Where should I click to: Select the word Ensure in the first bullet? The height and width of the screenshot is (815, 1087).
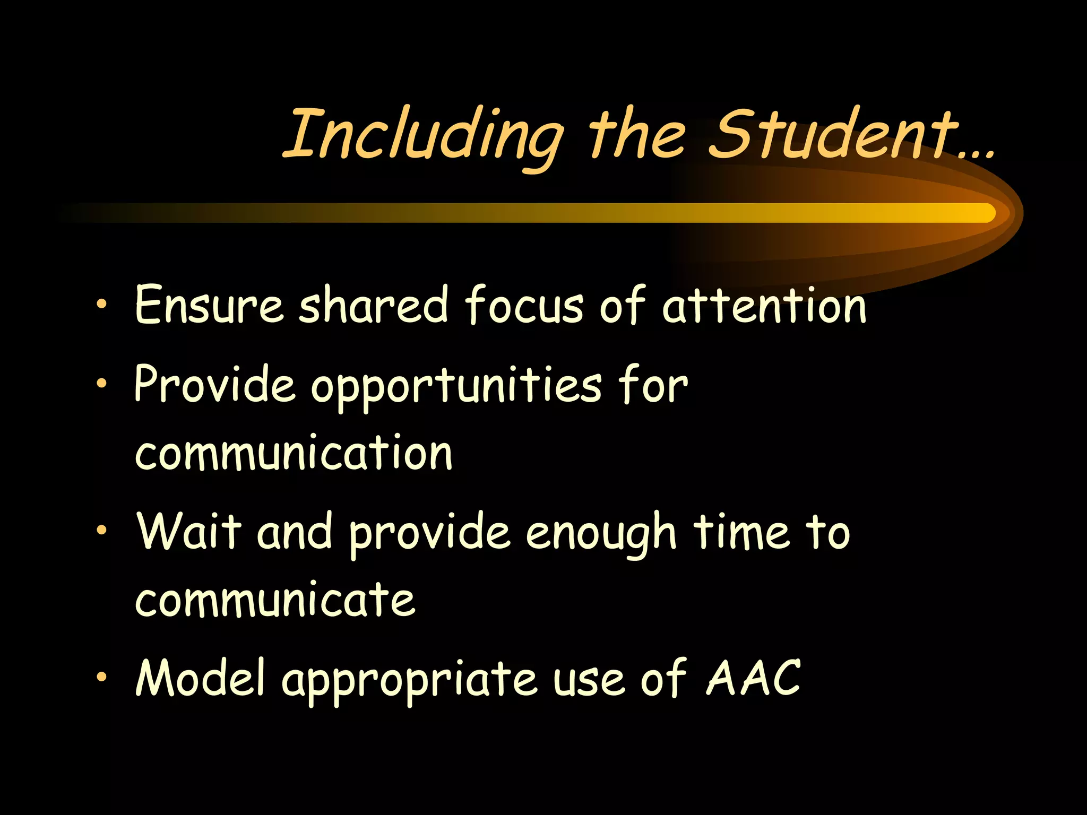209,305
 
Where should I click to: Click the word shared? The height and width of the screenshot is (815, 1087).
373,305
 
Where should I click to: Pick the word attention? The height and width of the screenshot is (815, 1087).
764,306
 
